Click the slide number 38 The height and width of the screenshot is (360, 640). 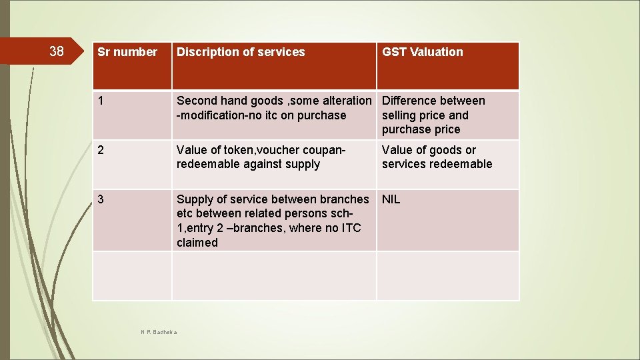(57, 51)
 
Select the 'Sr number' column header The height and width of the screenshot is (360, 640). (127, 52)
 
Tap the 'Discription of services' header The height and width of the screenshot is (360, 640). (241, 52)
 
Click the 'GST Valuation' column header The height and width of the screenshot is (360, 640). (422, 52)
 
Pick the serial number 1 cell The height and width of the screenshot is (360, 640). (101, 101)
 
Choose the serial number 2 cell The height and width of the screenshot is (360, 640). (101, 150)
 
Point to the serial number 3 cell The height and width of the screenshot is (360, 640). (101, 199)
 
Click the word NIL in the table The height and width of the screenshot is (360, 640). (391, 199)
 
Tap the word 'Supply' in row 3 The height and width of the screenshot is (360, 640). (195, 199)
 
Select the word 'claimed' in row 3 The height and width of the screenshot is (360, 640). (197, 243)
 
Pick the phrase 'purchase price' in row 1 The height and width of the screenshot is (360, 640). (421, 129)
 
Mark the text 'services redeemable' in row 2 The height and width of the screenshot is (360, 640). (437, 164)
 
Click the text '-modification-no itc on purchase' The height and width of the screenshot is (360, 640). (261, 115)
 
